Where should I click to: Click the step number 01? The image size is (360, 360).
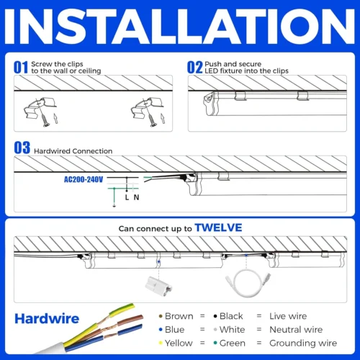click(x=21, y=67)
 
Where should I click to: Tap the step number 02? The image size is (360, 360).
click(x=195, y=67)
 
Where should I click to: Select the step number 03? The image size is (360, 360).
click(x=22, y=148)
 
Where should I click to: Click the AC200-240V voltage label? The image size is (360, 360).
click(x=84, y=179)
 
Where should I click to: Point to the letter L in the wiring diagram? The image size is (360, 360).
click(x=127, y=197)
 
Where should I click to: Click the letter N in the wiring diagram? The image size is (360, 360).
click(x=136, y=197)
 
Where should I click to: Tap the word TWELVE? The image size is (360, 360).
click(x=218, y=228)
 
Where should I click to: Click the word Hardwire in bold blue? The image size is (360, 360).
click(x=47, y=319)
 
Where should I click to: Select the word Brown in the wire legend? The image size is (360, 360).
click(x=179, y=316)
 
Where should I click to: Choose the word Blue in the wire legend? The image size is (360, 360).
click(x=175, y=330)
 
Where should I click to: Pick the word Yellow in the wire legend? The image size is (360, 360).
click(x=179, y=343)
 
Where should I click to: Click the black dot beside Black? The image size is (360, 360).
click(x=215, y=316)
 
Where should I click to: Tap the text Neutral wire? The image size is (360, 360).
click(x=296, y=330)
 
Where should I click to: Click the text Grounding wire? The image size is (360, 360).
click(x=303, y=343)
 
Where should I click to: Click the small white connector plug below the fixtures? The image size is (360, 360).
click(x=158, y=286)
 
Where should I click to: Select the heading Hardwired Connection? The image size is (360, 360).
click(x=73, y=151)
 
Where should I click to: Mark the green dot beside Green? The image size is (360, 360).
click(x=215, y=343)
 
